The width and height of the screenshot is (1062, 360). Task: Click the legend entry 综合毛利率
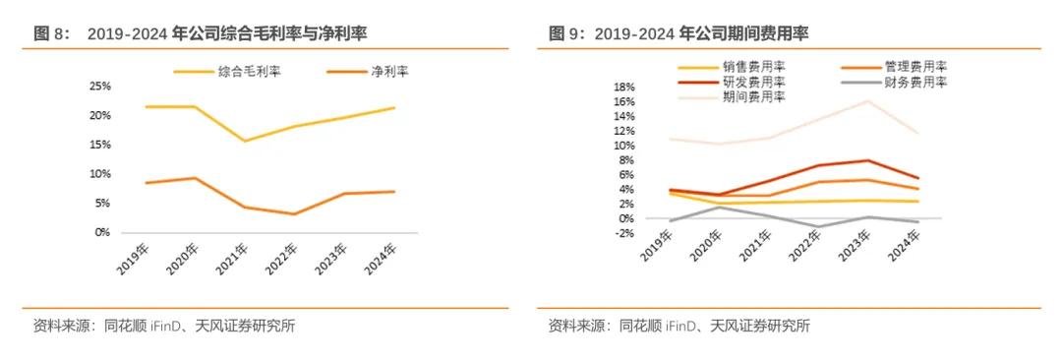click(x=247, y=72)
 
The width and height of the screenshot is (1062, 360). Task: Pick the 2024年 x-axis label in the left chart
click(x=385, y=257)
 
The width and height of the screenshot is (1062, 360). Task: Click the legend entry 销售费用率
click(x=753, y=67)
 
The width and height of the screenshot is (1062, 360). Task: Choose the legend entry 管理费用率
click(x=914, y=67)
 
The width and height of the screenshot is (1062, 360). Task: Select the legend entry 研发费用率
click(x=753, y=82)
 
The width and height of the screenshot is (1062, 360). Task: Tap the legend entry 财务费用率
click(x=914, y=82)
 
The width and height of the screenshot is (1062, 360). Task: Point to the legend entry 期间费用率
click(x=753, y=96)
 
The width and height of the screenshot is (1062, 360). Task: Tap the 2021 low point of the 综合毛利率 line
click(x=245, y=141)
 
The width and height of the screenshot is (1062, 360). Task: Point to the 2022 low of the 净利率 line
click(x=293, y=213)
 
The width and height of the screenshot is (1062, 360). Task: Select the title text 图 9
click(x=567, y=34)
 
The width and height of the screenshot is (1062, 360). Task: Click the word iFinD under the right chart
click(x=680, y=327)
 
